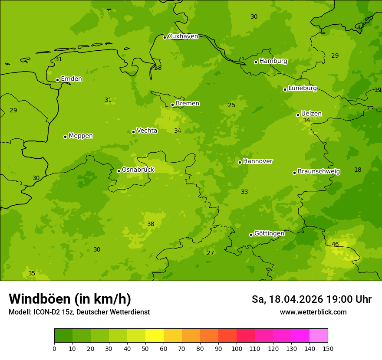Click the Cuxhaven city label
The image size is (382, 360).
click(183, 36)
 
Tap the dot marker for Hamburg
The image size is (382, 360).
click(256, 62)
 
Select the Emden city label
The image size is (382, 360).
click(71, 79)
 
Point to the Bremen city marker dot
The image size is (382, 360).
click(172, 105)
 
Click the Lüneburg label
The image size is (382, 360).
click(302, 88)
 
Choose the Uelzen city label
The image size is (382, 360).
click(311, 114)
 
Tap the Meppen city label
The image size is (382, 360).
click(80, 136)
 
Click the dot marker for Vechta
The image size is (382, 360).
click(133, 132)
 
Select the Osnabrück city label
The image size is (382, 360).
click(138, 170)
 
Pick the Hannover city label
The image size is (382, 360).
click(257, 161)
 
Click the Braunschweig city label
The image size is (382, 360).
click(319, 171)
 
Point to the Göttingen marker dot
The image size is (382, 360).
click(251, 235)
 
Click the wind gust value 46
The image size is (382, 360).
click(335, 245)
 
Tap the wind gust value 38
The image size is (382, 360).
click(151, 224)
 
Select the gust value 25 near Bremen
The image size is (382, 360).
click(232, 105)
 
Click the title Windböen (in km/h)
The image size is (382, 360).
click(70, 299)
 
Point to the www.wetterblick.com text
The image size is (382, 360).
click(313, 312)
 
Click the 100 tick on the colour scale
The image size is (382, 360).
click(237, 348)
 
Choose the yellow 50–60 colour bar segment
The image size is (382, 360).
click(155, 336)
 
